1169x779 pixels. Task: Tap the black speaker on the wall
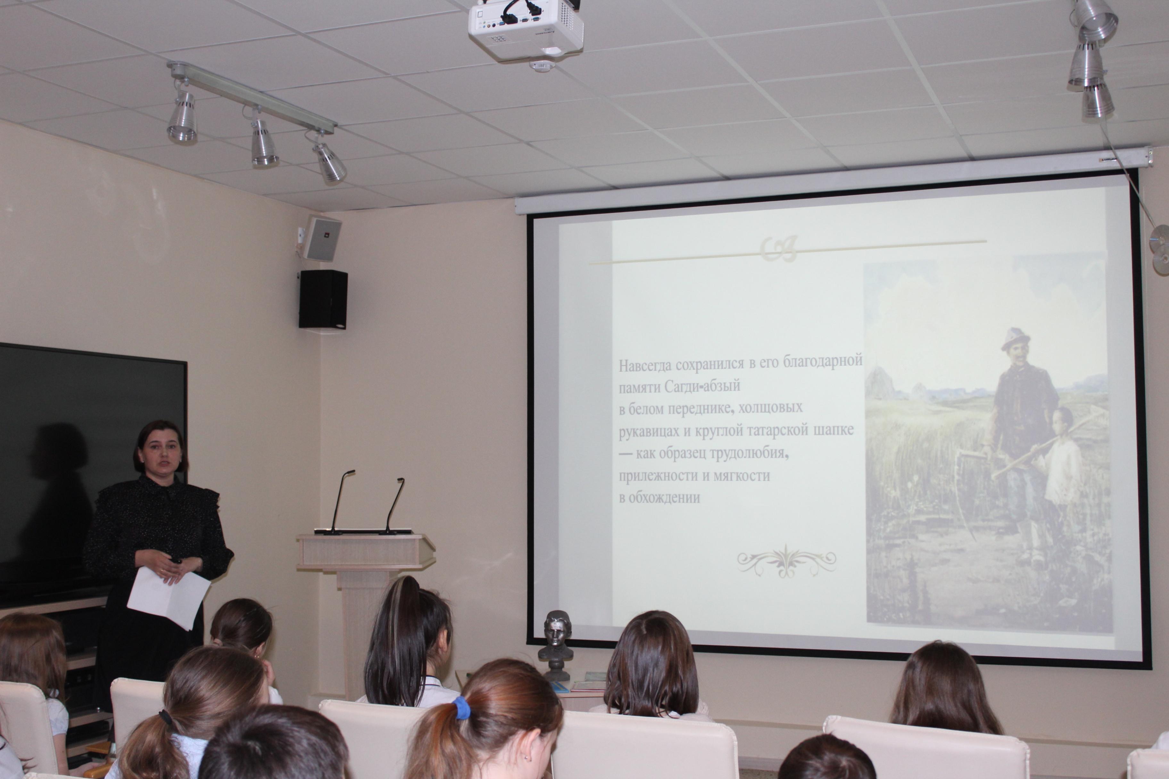(x=323, y=299)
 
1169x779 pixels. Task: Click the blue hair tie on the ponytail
(x=462, y=708)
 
